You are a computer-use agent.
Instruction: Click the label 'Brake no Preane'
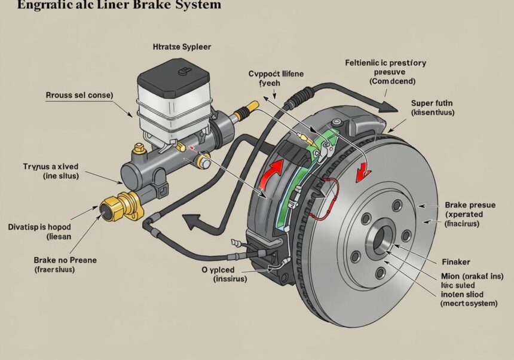pos(65,260)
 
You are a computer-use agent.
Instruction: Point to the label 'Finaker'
pos(455,262)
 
